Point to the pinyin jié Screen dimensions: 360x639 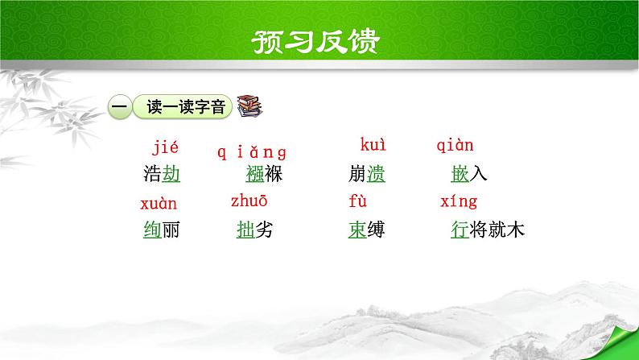coord(165,148)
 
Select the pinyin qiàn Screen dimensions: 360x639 coord(455,147)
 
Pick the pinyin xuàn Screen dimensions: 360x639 coord(159,205)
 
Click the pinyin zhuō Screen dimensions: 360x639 coord(249,201)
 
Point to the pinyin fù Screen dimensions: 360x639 coord(357,201)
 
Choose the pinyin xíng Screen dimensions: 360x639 coord(460,202)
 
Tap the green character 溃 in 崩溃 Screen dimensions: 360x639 coord(376,174)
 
